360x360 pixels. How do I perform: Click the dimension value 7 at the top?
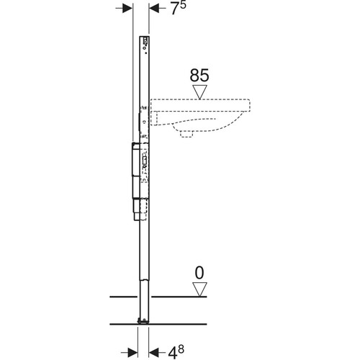click(175, 9)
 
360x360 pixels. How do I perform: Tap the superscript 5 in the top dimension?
click(183, 5)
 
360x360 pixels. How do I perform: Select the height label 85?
click(199, 76)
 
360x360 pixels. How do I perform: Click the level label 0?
click(199, 273)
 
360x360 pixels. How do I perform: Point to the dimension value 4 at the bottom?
click(173, 353)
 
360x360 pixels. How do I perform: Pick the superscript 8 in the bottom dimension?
click(181, 349)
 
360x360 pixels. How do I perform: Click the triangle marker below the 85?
click(199, 92)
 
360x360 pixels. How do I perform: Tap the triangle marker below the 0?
click(199, 289)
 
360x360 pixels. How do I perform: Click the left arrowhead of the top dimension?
click(127, 9)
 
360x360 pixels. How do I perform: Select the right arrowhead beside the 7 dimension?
click(154, 9)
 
